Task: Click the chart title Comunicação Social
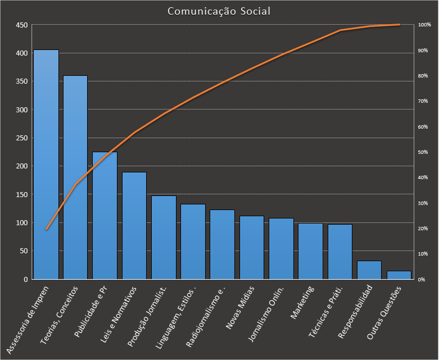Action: pos(219,11)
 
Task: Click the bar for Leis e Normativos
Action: pos(134,225)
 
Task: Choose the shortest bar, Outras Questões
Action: pos(399,275)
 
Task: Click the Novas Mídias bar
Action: pos(252,247)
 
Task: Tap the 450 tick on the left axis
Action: pos(21,25)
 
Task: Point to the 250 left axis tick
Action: pos(21,138)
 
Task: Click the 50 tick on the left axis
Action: pos(23,251)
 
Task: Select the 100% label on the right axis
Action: pos(424,25)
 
